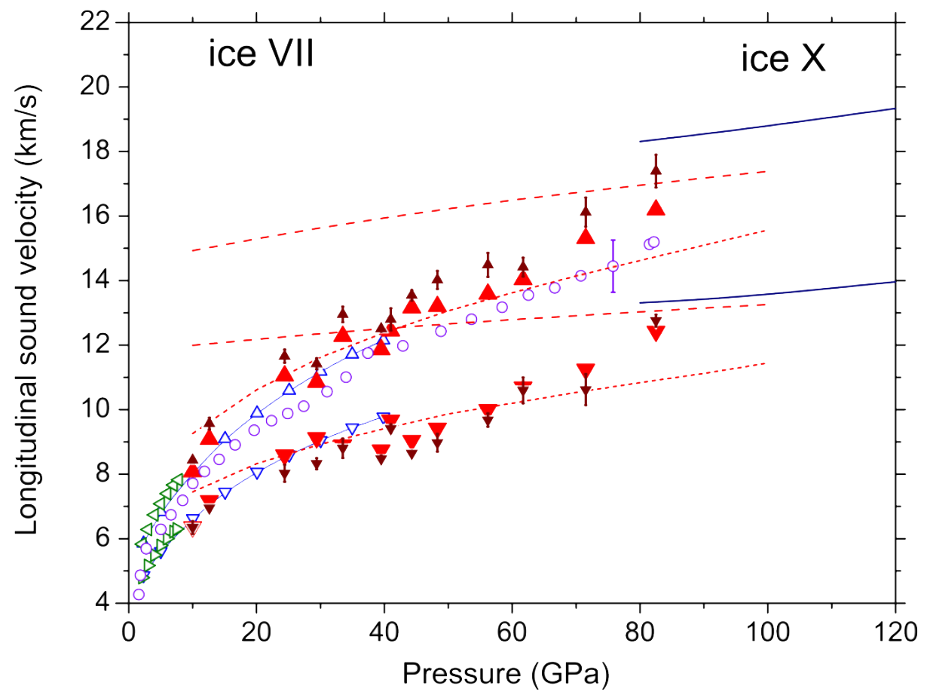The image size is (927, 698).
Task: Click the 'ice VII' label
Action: (260, 56)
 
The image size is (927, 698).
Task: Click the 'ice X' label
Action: (783, 60)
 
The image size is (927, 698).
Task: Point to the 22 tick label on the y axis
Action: (104, 23)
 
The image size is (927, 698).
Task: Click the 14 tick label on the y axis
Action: (104, 281)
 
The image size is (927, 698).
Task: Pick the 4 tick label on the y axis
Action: (111, 604)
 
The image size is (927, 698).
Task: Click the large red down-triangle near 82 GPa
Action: (656, 333)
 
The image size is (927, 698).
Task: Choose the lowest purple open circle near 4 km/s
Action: (138, 594)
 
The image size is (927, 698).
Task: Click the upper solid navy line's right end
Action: (893, 109)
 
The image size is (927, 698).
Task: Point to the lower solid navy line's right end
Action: (893, 281)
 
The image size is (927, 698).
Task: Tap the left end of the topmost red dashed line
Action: (193, 250)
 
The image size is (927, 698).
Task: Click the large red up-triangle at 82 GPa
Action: (656, 208)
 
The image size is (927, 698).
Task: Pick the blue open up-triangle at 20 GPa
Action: (257, 412)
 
